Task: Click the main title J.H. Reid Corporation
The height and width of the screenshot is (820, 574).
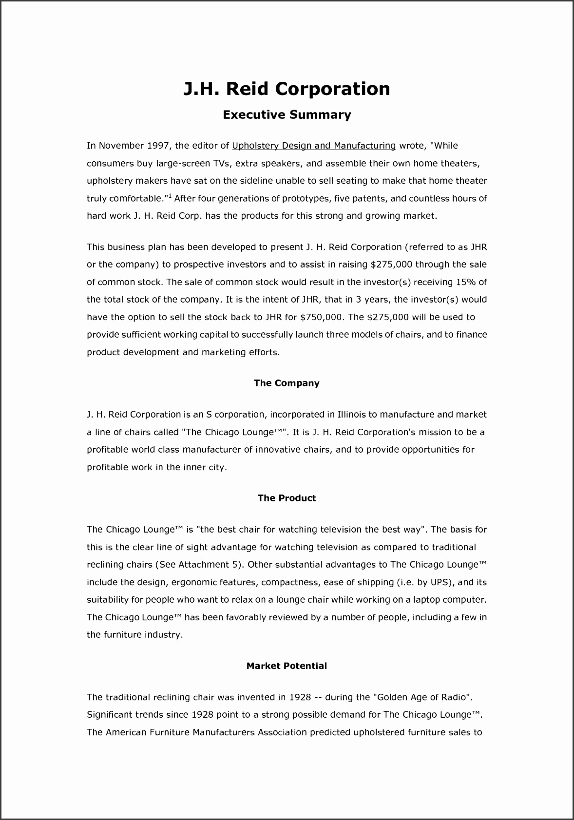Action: pos(287,89)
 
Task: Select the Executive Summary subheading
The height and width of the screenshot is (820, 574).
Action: pos(287,115)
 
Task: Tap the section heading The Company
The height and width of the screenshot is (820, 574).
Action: pos(287,383)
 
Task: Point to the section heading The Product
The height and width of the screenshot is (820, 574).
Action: pos(287,498)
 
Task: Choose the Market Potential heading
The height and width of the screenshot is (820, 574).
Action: pos(287,666)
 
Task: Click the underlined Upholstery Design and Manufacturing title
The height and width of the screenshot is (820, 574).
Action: pos(314,146)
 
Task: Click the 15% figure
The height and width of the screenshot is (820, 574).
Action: pos(465,282)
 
